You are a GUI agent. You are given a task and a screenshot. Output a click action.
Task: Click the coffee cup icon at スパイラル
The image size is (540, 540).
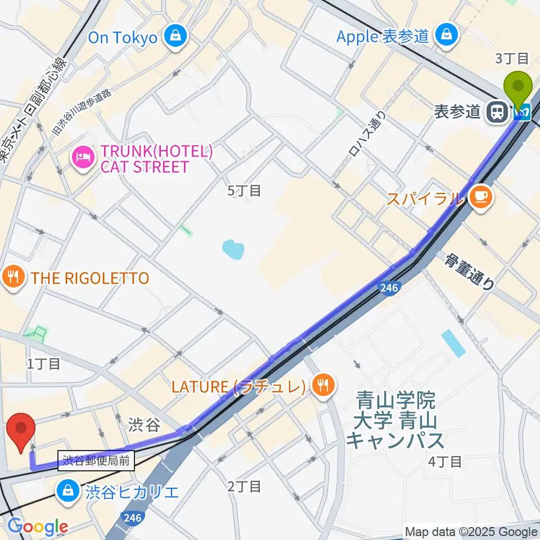point(481,197)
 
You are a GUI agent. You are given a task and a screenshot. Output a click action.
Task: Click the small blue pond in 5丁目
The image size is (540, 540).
point(233,249)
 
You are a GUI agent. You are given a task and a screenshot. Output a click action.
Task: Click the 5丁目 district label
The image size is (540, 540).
point(244,191)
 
